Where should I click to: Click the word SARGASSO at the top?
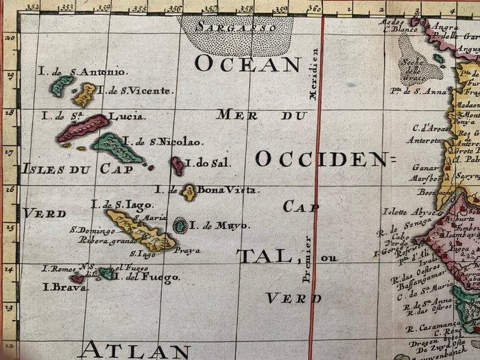235,27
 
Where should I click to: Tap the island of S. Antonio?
62,84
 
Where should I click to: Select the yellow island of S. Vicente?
85,94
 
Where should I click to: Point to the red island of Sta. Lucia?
82,128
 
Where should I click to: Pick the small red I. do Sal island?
178,165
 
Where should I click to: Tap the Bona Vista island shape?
189,192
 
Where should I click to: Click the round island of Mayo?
180,225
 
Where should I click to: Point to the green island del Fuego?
106,274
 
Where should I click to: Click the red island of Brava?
77,278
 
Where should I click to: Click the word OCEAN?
248,64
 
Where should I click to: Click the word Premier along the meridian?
308,260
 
